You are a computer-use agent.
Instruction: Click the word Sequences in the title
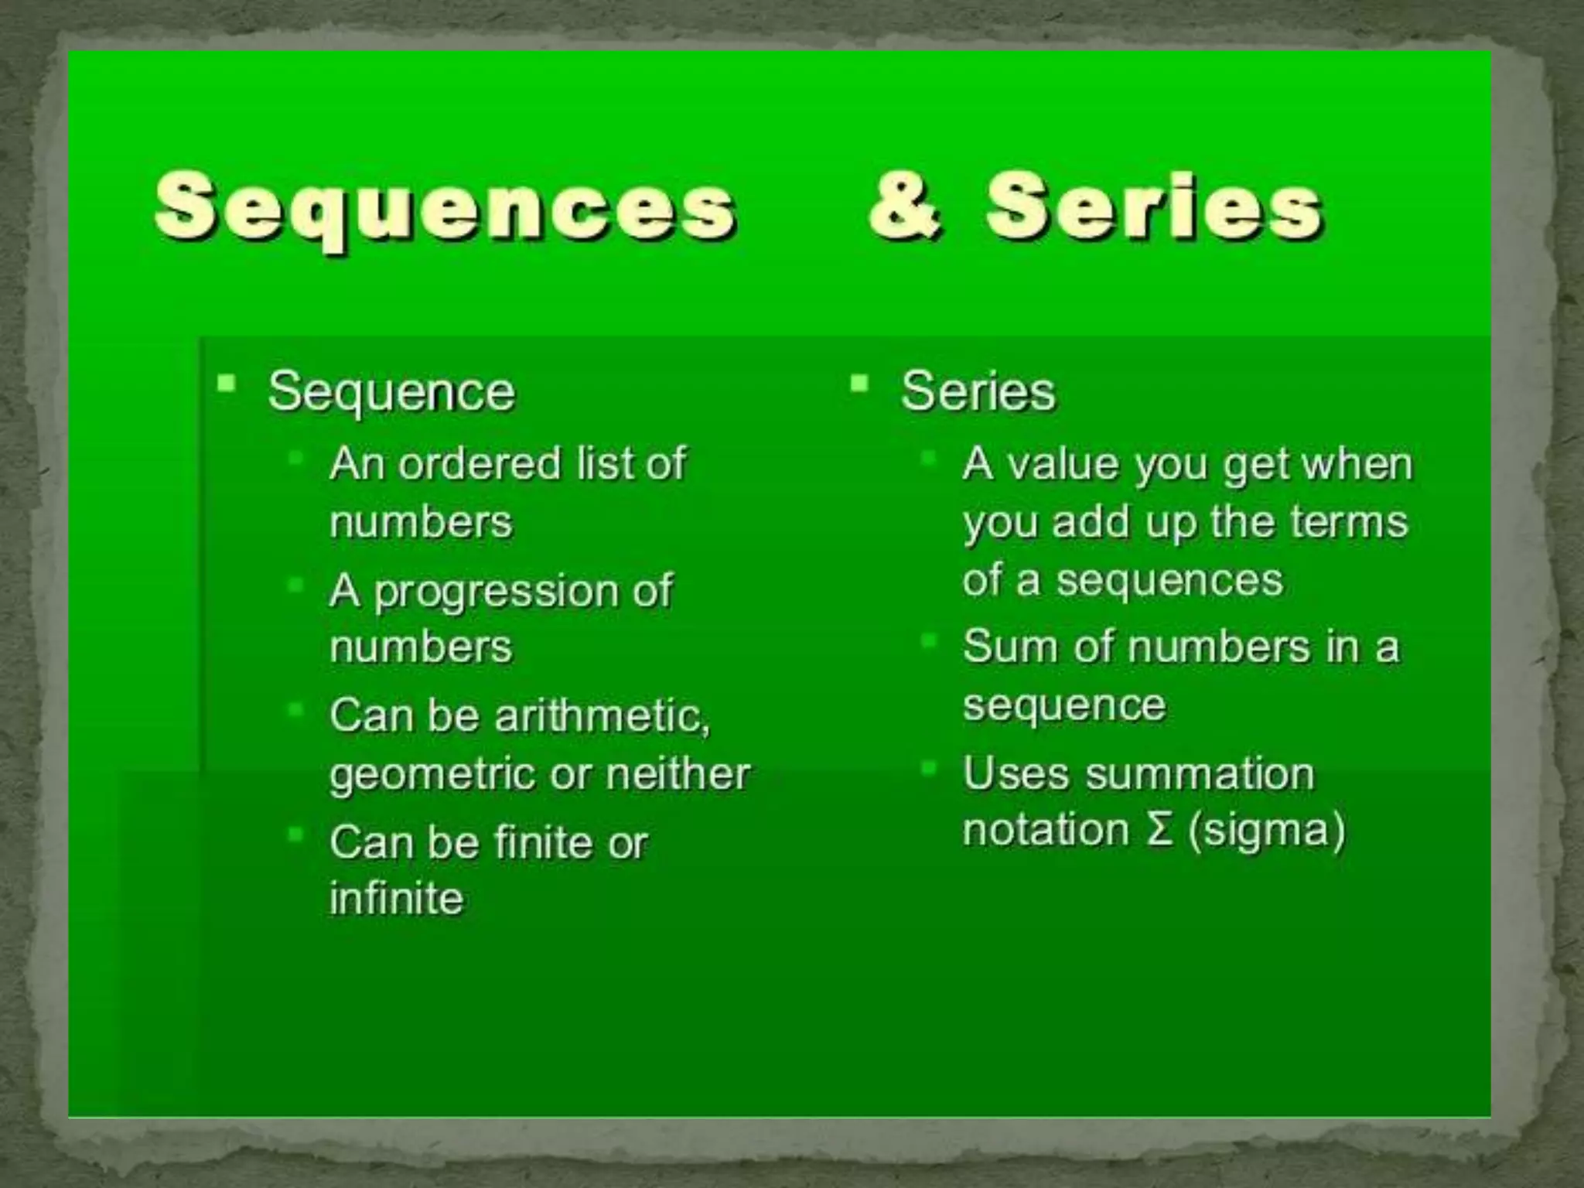pyautogui.click(x=445, y=209)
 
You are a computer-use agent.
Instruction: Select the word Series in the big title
pyautogui.click(x=1154, y=207)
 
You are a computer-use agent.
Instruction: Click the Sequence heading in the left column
pyautogui.click(x=391, y=392)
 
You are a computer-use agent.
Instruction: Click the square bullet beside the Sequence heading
pyautogui.click(x=227, y=383)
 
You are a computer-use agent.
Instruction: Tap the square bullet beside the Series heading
pyautogui.click(x=859, y=383)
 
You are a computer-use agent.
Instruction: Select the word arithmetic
pyautogui.click(x=602, y=715)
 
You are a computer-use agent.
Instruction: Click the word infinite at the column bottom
pyautogui.click(x=396, y=899)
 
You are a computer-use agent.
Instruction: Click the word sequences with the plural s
pyautogui.click(x=1169, y=580)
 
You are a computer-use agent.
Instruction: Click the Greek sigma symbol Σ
pyautogui.click(x=1158, y=831)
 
